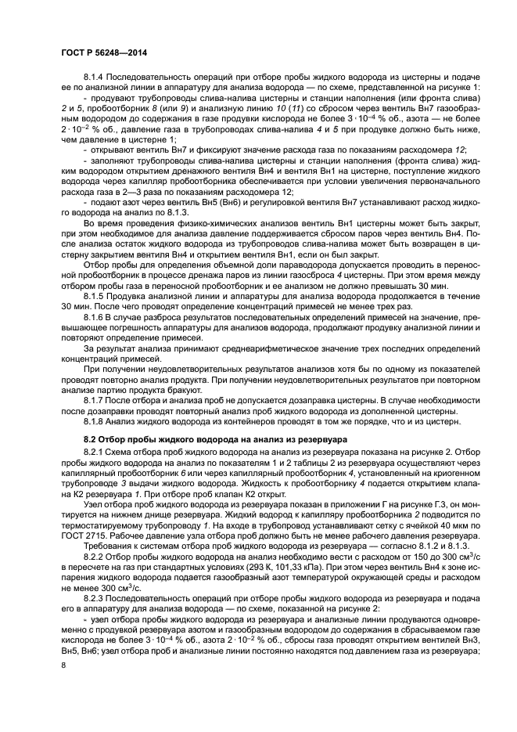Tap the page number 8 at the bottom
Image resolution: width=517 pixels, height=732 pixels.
point(63,666)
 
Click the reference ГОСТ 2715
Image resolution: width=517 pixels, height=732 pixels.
point(79,528)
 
